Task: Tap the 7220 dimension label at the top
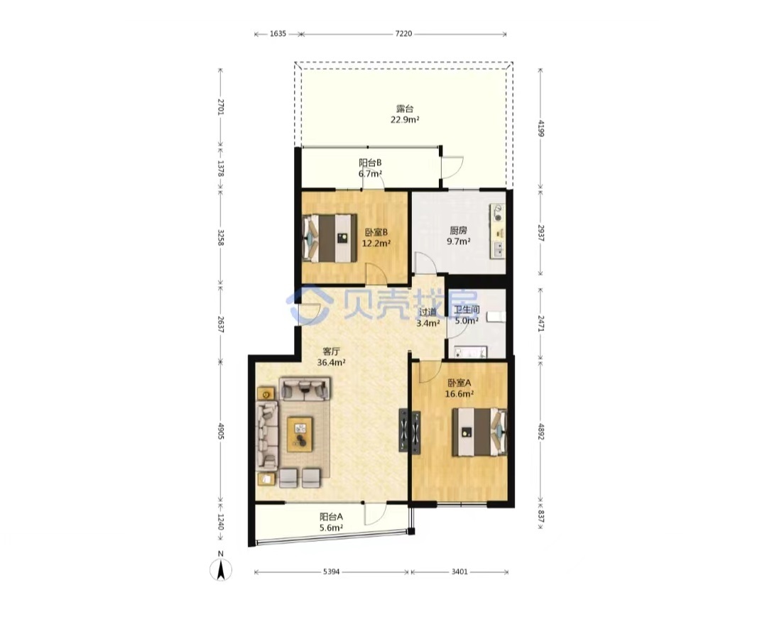coord(403,34)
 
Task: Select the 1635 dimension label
coord(278,34)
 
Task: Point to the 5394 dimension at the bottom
coord(332,572)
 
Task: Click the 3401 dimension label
coord(459,572)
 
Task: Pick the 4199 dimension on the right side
coord(540,128)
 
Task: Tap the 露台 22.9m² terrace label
coord(405,114)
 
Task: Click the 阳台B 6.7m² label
coord(370,168)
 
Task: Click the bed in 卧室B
coord(330,238)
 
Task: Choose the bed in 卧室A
coord(479,432)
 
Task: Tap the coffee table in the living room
coord(300,434)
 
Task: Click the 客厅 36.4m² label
coord(331,356)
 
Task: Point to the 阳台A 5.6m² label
coord(331,522)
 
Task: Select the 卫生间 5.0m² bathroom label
coord(466,315)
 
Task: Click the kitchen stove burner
coord(498,212)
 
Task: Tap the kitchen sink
coord(498,249)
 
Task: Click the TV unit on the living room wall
coord(403,430)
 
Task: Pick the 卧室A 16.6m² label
coord(459,388)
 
